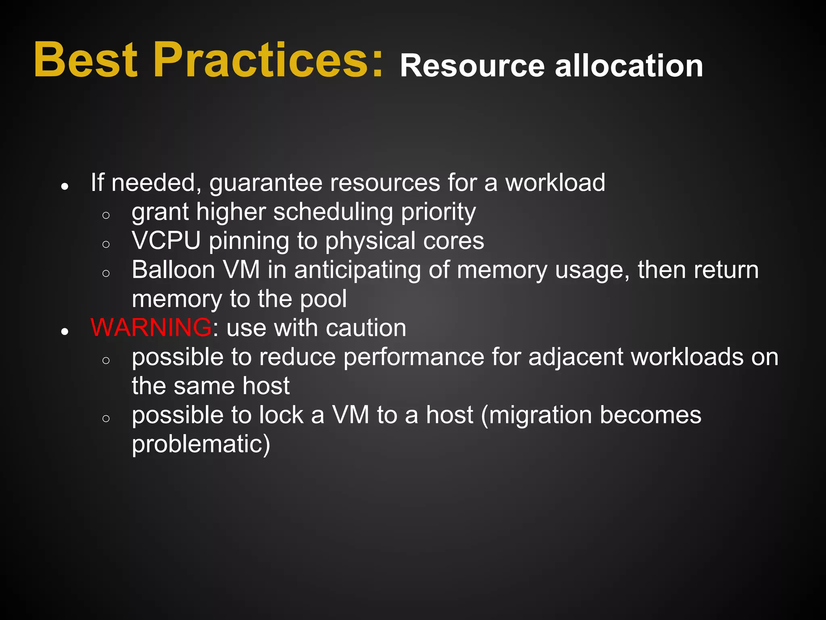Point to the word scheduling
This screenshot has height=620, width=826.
pos(333,213)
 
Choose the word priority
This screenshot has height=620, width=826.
pos(438,213)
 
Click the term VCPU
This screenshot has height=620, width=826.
pos(166,241)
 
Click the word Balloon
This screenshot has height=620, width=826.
pos(173,270)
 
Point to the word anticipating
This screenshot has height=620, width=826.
pos(357,270)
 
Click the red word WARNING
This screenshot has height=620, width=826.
pos(151,327)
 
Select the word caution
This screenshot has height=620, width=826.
pos(366,328)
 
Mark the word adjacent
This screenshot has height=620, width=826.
pos(576,358)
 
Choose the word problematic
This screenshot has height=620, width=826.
pos(201,444)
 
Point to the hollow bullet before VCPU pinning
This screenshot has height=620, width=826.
pos(106,244)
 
